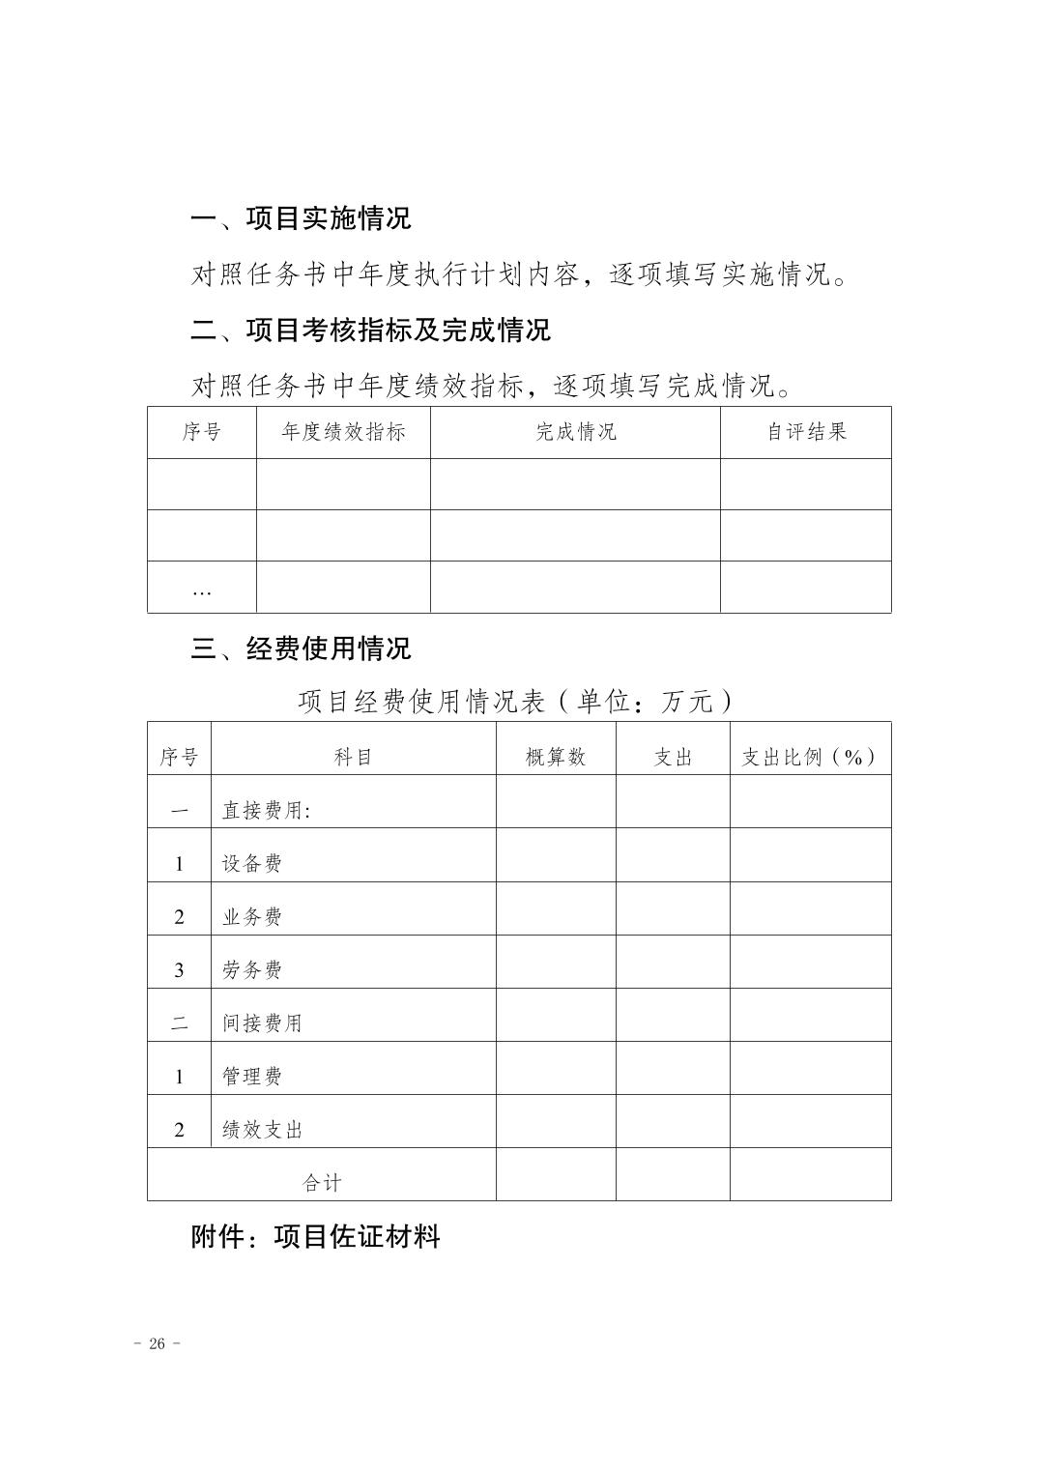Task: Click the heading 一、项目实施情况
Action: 301,218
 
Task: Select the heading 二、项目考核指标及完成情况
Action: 370,331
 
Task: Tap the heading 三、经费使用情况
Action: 301,648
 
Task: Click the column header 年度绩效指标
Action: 343,432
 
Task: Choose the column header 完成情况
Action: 575,432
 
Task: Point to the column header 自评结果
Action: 806,432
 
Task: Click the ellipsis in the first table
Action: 201,590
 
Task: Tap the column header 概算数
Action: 556,758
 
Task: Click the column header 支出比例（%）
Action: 810,758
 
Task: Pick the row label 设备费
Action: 251,864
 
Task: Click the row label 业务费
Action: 251,917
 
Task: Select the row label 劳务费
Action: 251,970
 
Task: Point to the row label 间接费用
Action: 262,1023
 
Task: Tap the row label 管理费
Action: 251,1077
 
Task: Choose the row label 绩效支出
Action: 262,1130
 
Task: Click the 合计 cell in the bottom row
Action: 322,1183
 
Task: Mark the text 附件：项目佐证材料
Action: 315,1236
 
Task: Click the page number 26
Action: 158,1344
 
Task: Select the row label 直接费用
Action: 266,811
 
